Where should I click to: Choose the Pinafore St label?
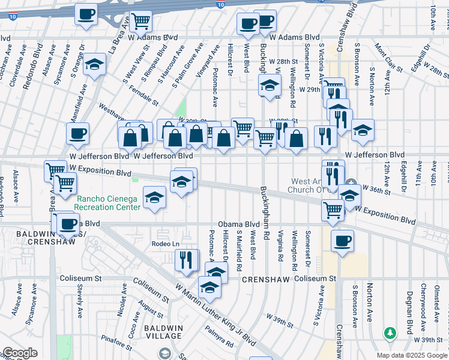[116, 344]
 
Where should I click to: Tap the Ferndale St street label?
[143, 97]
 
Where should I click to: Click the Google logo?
[20, 353]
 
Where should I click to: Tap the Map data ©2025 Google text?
[412, 355]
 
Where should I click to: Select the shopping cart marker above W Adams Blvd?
[140, 21]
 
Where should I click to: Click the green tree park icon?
[390, 332]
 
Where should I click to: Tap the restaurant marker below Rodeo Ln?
[187, 260]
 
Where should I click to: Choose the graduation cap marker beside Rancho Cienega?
[155, 197]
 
